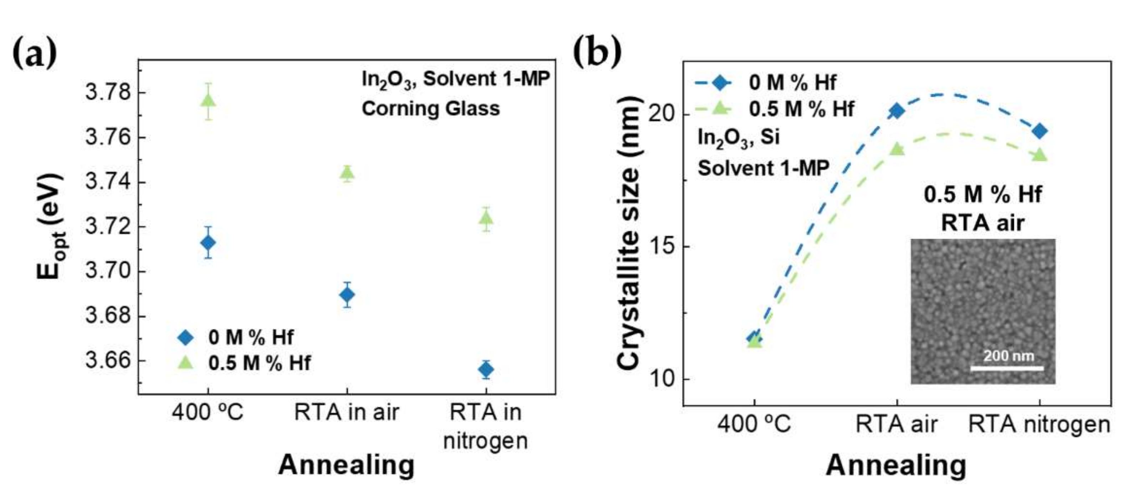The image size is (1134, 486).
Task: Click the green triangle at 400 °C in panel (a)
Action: tap(208, 101)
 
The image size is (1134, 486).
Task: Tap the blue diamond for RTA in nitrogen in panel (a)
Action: tap(486, 370)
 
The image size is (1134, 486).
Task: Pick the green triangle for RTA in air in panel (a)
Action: tap(347, 173)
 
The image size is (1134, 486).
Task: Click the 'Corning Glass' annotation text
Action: tap(430, 109)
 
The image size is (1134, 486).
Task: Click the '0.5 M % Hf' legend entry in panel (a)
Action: tap(259, 363)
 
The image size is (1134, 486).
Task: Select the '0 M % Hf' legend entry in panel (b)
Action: tap(792, 82)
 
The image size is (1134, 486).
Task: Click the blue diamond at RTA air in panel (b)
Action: tap(897, 111)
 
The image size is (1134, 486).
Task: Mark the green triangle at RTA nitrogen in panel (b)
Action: tap(1040, 155)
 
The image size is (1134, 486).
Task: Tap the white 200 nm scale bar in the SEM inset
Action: tap(1007, 368)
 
